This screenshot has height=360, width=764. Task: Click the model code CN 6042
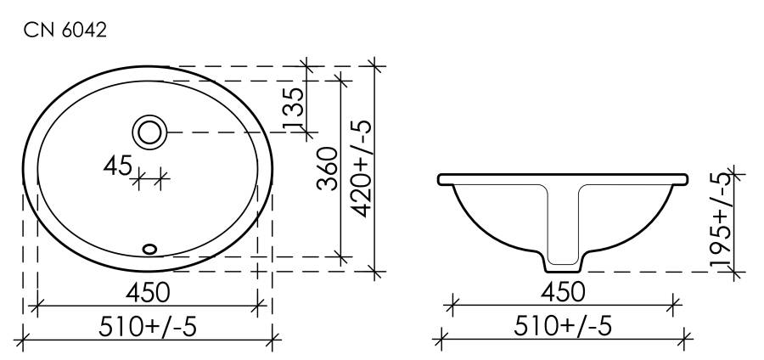coord(65,31)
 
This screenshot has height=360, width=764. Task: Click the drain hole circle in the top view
coord(150,132)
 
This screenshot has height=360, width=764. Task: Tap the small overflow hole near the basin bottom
coord(150,249)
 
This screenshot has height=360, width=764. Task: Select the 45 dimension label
coord(117,167)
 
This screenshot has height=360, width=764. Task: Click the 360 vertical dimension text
coord(329,168)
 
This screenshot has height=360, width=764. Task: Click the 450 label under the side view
coord(563,290)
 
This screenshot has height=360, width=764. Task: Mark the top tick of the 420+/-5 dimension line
coord(374,65)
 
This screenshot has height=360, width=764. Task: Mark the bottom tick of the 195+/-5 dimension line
coord(735,272)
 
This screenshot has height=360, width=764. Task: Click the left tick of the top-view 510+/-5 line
coord(23,340)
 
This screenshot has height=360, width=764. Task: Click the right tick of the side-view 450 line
coord(674,303)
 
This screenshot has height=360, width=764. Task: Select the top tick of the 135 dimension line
coord(306,65)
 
